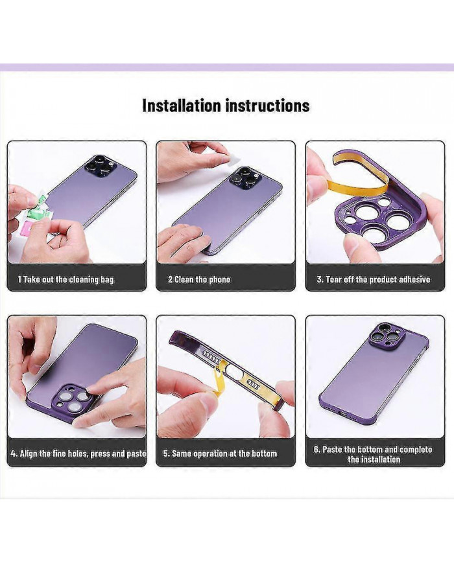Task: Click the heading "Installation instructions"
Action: (226, 106)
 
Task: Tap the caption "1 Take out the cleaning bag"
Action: (66, 280)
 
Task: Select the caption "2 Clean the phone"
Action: (199, 280)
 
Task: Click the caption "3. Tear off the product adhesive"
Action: (374, 280)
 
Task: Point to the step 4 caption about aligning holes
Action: (78, 454)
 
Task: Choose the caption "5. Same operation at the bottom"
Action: (221, 454)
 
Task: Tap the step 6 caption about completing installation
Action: (374, 454)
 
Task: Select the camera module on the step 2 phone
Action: (247, 178)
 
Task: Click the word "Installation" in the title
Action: (182, 106)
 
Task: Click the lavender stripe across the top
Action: (227, 67)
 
